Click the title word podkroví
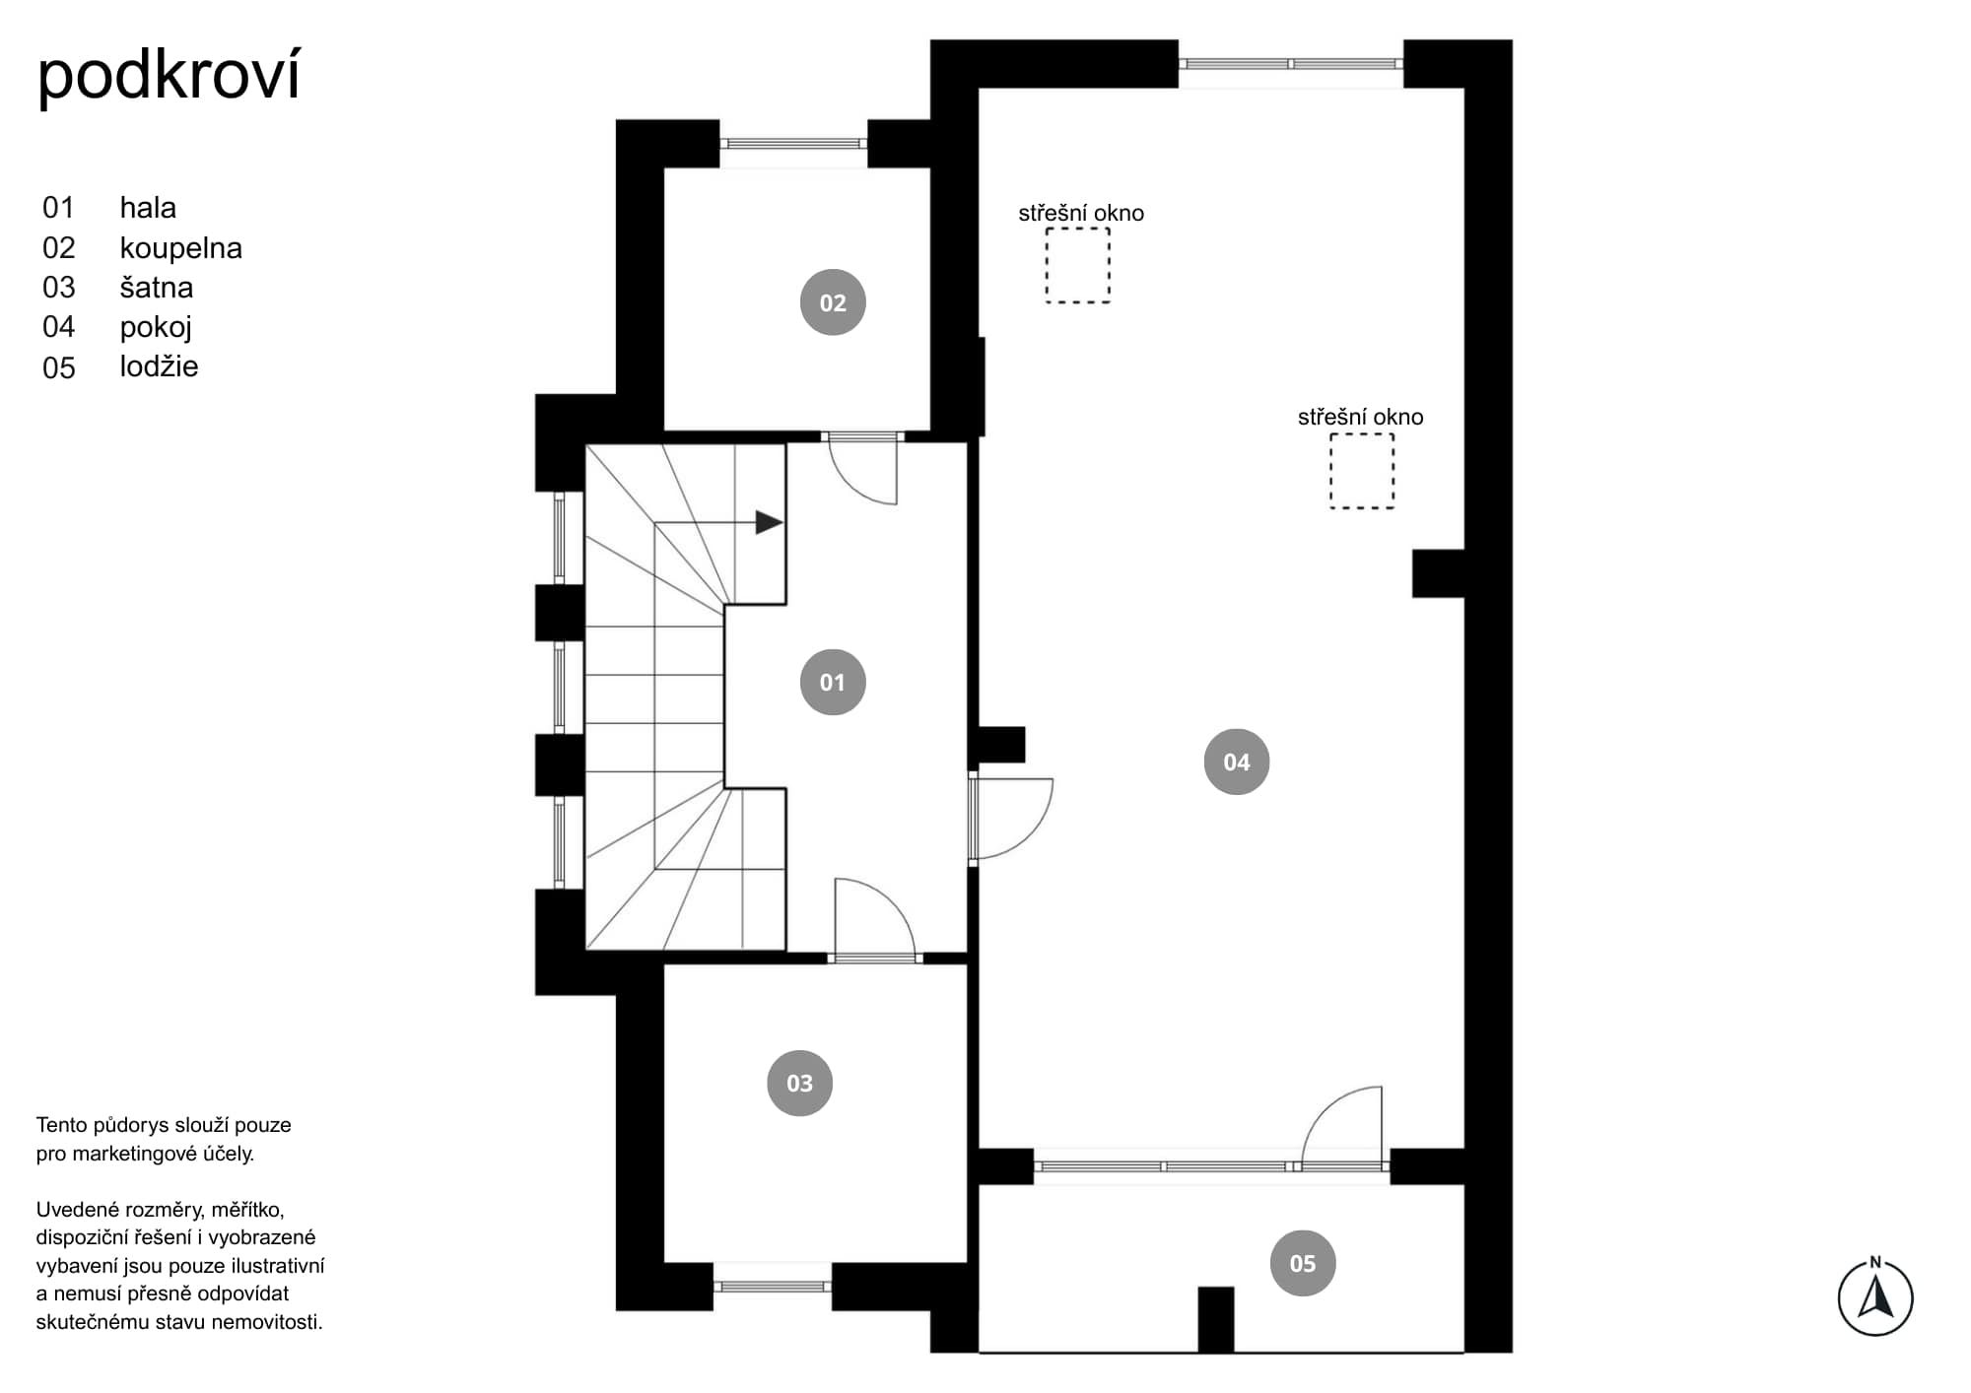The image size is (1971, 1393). coord(169,77)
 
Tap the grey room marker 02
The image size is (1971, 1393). coord(833,302)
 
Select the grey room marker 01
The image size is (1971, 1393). coord(833,682)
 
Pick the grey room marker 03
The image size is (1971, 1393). coord(799,1083)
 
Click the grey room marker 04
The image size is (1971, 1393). coord(1237,762)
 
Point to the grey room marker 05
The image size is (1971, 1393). coord(1303,1263)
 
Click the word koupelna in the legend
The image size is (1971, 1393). coord(181,248)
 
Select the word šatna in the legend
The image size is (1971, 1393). coord(157,288)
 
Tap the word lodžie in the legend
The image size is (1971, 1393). coord(160,366)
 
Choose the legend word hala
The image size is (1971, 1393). coord(148,208)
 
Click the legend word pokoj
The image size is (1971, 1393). coord(156,328)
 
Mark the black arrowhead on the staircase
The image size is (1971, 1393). coord(769,522)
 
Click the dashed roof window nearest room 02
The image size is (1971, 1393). coord(1078,265)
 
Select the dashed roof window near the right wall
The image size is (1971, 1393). coord(1362,471)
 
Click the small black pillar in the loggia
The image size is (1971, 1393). coord(1216,1319)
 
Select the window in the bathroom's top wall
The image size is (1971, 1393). coord(793,144)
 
